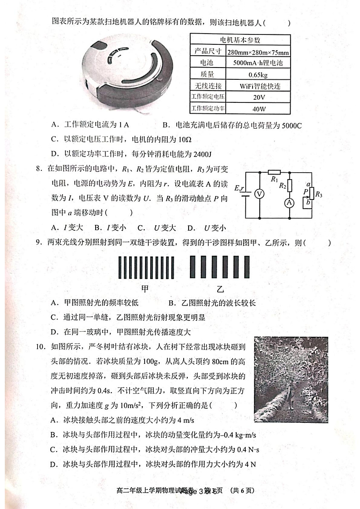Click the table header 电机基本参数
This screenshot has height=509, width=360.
pyautogui.click(x=240, y=39)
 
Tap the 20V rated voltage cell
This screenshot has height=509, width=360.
pyautogui.click(x=259, y=97)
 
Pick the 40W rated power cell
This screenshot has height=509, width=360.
pyautogui.click(x=259, y=109)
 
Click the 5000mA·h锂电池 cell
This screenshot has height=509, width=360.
pyautogui.click(x=259, y=63)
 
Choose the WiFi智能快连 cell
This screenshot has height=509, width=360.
pyautogui.click(x=259, y=86)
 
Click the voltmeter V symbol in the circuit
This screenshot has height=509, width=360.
pyautogui.click(x=259, y=194)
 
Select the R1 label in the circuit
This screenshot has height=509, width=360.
pyautogui.click(x=274, y=179)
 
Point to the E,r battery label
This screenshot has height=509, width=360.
pyautogui.click(x=239, y=188)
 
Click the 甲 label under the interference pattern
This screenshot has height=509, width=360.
pyautogui.click(x=146, y=289)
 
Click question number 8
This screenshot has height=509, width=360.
pyautogui.click(x=39, y=169)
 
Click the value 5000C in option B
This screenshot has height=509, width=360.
pyautogui.click(x=290, y=125)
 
